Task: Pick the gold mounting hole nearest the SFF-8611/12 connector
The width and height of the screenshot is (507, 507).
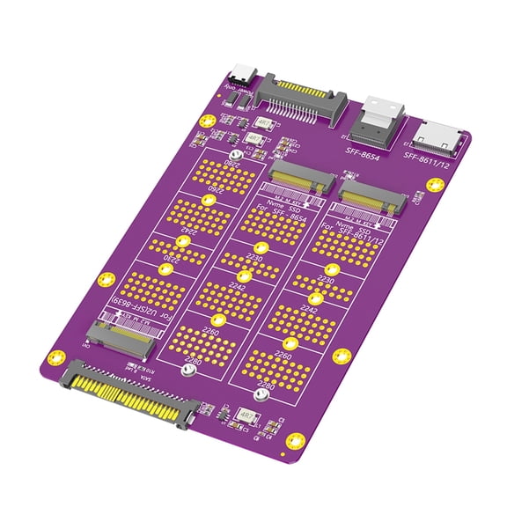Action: [x=434, y=184]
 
